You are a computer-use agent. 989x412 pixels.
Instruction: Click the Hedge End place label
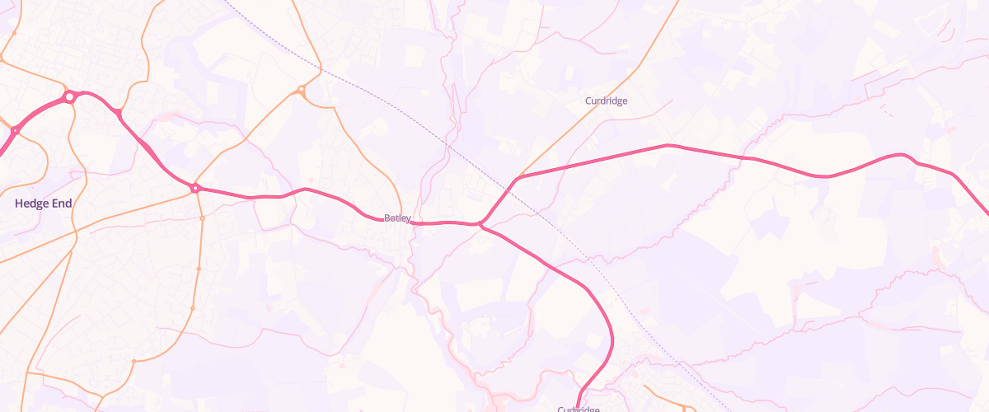click(x=43, y=203)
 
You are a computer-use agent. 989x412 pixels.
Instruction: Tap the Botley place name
click(x=397, y=218)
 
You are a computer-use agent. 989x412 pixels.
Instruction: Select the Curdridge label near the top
click(x=606, y=101)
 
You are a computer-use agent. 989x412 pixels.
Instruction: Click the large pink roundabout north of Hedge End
click(x=70, y=97)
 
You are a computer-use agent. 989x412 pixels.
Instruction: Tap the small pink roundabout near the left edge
click(x=15, y=130)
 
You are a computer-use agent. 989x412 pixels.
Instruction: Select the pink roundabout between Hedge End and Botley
click(x=195, y=189)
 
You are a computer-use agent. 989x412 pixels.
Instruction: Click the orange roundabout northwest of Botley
click(x=302, y=90)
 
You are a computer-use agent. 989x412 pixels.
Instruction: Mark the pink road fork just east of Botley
click(x=480, y=223)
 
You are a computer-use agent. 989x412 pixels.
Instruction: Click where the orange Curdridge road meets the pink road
click(x=518, y=177)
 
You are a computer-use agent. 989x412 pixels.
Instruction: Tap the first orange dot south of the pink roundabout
click(x=202, y=218)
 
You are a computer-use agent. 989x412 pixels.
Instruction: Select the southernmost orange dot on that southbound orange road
click(x=133, y=360)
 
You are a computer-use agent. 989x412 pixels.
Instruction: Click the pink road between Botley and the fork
click(x=445, y=222)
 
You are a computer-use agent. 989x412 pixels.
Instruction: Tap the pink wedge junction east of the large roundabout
click(x=117, y=112)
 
